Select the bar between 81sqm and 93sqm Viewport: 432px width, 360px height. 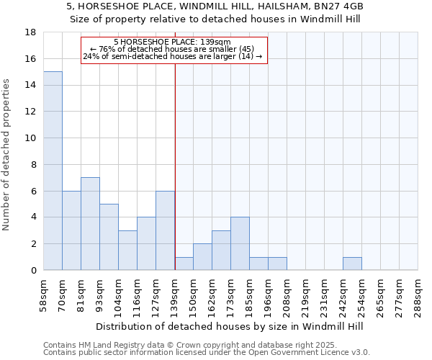tap(90, 223)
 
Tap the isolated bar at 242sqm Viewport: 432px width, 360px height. tap(352, 264)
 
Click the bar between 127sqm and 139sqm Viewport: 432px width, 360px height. tap(165, 230)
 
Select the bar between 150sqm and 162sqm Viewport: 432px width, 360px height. tap(202, 256)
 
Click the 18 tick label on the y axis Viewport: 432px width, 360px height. tap(31, 32)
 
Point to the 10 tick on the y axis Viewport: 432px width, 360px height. tap(31, 138)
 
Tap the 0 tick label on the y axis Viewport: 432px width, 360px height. tap(33, 270)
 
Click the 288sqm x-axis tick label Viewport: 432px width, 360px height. tap(418, 295)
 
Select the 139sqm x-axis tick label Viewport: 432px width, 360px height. tap(175, 295)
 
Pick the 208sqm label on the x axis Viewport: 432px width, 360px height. tap(287, 295)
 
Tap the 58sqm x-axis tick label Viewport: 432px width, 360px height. tap(44, 295)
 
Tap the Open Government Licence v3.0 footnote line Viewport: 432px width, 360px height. tap(207, 353)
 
